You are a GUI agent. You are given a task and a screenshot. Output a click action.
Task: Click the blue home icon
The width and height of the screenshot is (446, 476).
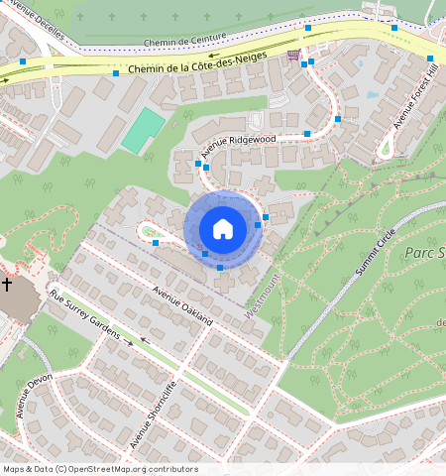tap(223, 229)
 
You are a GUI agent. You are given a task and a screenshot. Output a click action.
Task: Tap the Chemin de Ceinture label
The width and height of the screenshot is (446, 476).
tap(184, 42)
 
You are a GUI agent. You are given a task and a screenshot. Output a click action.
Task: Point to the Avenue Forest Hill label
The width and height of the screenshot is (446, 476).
tap(414, 99)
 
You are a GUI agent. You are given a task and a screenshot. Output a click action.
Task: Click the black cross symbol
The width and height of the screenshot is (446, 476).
tap(7, 285)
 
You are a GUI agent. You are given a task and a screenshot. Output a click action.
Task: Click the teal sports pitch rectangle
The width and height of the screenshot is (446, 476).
tap(145, 130)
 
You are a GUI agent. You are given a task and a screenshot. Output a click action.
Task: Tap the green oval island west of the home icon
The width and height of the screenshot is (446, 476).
tap(148, 232)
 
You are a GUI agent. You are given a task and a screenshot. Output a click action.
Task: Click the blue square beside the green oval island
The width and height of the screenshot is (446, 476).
tap(156, 242)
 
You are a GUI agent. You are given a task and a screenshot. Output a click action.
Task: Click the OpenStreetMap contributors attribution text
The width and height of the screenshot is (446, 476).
tap(99, 469)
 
